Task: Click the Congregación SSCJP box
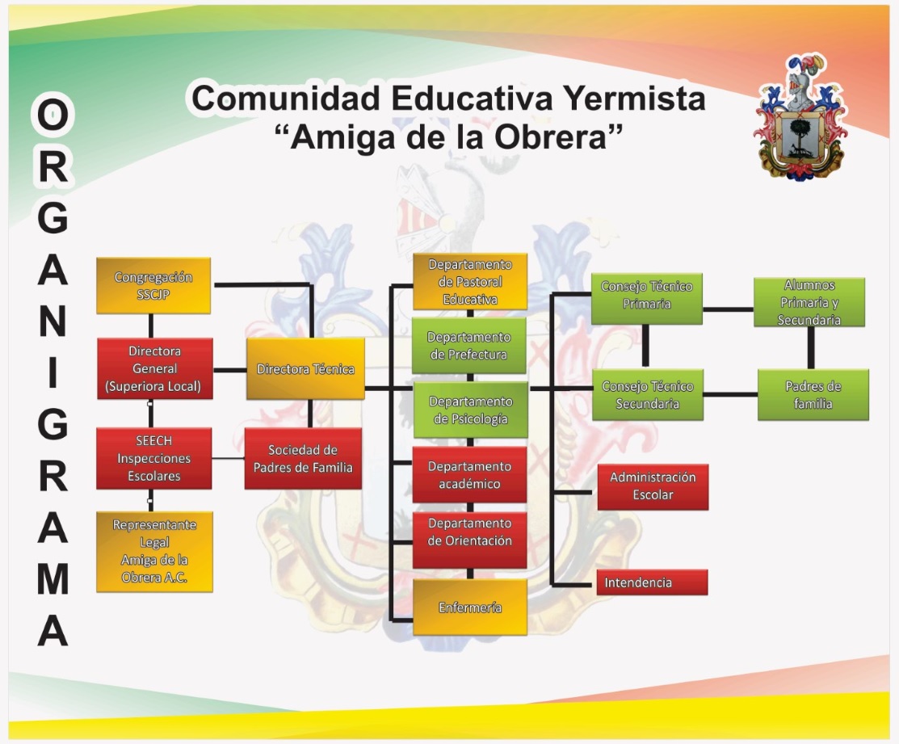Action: [153, 285]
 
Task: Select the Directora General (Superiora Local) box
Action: [155, 368]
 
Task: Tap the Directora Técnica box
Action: [305, 368]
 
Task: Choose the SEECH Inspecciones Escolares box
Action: [153, 459]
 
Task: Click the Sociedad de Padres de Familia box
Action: [303, 459]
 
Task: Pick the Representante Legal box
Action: [154, 552]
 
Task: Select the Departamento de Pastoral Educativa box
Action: [470, 281]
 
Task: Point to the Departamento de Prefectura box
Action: [469, 346]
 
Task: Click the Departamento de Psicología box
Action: [471, 410]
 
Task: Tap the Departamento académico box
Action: [469, 475]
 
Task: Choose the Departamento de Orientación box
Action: [469, 540]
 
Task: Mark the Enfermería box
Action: [470, 607]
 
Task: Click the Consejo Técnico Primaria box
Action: [647, 299]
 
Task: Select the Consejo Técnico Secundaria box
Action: [648, 395]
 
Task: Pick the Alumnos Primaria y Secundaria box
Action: [809, 302]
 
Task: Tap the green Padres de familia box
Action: [813, 395]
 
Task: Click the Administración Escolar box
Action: [653, 486]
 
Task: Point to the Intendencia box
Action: [652, 582]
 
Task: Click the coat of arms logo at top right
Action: [800, 117]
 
